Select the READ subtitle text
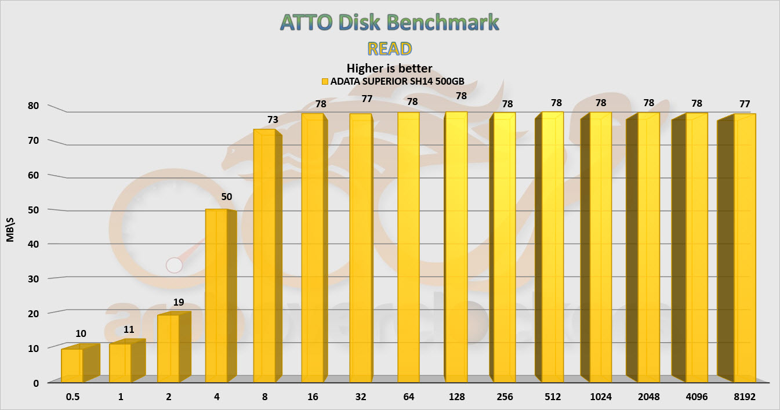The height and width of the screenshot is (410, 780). pos(389,48)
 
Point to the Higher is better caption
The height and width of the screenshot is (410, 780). pos(389,68)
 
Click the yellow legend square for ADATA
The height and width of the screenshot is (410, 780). pos(325,81)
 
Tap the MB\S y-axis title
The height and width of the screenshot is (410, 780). pos(10,244)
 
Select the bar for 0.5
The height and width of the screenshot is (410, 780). pos(72,365)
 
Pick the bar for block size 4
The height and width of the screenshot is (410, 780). pos(216,296)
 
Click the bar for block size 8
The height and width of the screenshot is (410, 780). pos(264,255)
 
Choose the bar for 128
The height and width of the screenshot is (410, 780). pos(456,246)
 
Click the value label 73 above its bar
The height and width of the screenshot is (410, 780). pos(273,119)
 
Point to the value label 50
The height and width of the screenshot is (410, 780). pos(226,197)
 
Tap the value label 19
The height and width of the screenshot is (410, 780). pos(179,302)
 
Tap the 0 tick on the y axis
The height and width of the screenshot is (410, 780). pos(35,382)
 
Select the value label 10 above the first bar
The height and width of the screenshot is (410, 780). pos(82,333)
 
